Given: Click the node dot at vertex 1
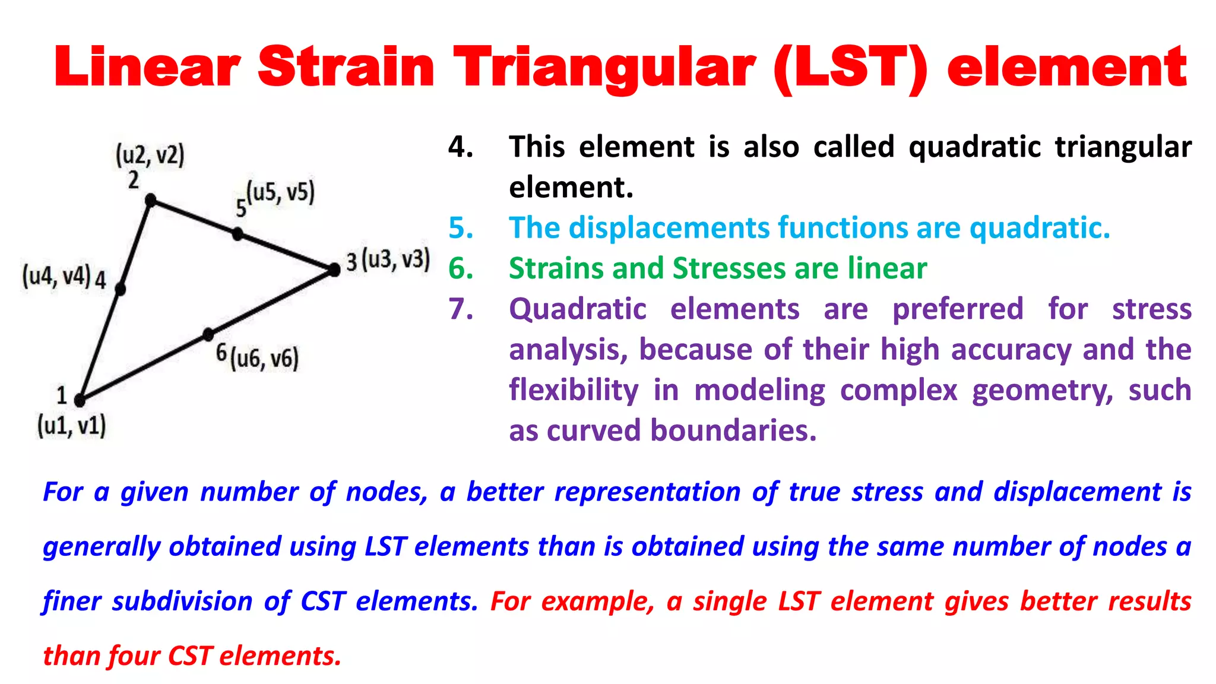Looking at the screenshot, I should point(80,400).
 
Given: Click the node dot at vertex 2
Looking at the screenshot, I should point(151,200).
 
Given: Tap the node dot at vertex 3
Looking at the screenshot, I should point(334,270).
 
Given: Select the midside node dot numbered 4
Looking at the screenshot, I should point(121,289).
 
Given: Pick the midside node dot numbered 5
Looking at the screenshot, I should point(237,234).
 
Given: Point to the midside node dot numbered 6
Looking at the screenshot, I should point(208,335).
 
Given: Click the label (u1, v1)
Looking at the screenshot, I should point(72,426).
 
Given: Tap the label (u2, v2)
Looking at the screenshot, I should point(150,156).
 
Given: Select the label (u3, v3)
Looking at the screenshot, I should point(396,260).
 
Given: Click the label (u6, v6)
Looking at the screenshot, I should point(265,359).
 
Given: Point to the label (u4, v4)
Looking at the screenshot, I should point(56,276).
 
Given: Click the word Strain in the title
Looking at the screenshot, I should point(346,67).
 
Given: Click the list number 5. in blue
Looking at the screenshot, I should point(461,228).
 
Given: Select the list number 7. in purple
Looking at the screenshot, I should point(461,309).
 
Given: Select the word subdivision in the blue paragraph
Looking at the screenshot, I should point(182,601).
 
